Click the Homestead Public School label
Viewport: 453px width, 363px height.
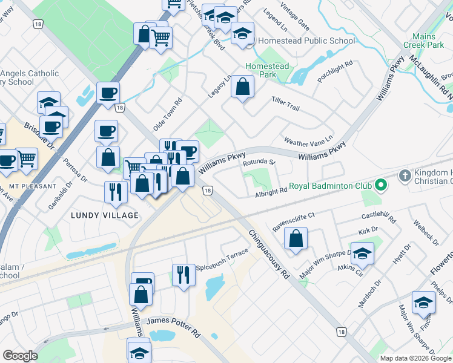click(306, 41)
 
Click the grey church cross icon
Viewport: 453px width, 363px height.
click(406, 175)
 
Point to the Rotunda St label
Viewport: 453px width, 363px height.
click(259, 163)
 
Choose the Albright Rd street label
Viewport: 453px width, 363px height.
click(271, 192)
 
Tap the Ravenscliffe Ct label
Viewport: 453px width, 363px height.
click(294, 215)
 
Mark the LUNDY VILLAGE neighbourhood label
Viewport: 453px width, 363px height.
click(105, 215)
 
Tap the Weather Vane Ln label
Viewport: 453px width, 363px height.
click(309, 142)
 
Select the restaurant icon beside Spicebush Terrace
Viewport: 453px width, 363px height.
click(184, 274)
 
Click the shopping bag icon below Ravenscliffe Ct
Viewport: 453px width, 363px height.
click(295, 238)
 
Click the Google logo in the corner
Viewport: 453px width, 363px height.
click(21, 356)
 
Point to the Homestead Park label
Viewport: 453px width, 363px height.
click(267, 70)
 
